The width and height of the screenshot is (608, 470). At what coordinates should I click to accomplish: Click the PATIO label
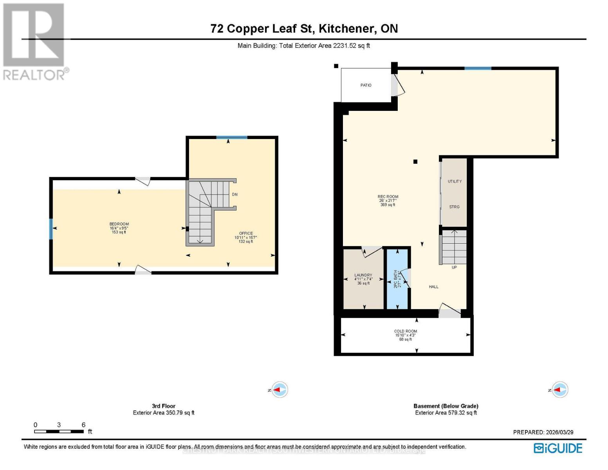366,85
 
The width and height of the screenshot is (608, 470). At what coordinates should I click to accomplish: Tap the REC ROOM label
388,197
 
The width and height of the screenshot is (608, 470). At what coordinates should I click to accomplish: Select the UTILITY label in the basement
455,181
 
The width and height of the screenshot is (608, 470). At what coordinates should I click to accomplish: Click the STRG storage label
454,207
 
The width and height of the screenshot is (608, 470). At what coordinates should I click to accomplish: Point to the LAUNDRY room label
363,275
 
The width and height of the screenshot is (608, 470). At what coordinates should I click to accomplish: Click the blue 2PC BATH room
397,279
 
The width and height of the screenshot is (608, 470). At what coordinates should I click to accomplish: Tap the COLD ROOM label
405,331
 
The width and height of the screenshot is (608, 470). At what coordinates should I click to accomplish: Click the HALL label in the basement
433,287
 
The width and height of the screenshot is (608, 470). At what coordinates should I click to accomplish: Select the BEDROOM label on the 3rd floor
119,224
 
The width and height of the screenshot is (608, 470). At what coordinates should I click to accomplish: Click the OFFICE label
246,233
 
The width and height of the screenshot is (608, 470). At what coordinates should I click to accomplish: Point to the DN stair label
235,194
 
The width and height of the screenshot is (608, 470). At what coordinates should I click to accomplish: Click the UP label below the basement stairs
454,268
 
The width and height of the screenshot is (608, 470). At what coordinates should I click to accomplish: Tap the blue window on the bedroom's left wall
51,229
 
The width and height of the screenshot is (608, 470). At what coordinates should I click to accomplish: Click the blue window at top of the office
232,137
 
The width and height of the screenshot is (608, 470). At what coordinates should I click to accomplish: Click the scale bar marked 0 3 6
59,431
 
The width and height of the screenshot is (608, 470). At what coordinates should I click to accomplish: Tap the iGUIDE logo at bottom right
558,448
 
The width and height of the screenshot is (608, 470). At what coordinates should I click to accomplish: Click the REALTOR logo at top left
34,42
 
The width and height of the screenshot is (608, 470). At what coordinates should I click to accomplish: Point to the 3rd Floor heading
164,406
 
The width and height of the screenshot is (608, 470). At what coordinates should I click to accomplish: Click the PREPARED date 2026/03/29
543,432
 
